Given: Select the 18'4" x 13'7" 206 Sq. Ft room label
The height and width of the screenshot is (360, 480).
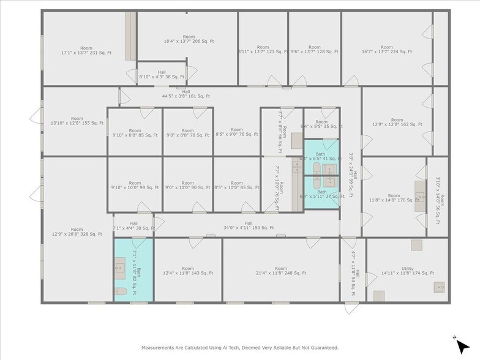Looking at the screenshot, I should coord(188,39).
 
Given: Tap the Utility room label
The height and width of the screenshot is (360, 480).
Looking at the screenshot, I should coord(407,271).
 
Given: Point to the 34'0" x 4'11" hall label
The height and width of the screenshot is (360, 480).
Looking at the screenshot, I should coord(248,225).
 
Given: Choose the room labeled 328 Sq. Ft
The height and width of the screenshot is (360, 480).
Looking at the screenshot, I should coord(76,231).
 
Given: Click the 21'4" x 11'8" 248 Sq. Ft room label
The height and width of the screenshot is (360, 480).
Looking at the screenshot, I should coord(280,271).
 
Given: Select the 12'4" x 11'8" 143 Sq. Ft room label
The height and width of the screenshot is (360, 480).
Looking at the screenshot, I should coord(187,271).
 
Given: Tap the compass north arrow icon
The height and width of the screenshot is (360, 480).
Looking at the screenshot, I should coord(454,338).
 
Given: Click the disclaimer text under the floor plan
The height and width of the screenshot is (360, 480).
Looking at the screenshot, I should coord(239,347).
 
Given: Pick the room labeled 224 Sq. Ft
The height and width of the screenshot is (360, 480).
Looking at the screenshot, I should coord(386,50).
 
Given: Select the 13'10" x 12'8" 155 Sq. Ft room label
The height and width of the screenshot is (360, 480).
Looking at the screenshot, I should coord(77,121).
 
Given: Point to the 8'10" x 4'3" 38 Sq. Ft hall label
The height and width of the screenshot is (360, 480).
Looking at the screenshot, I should coord(162,75).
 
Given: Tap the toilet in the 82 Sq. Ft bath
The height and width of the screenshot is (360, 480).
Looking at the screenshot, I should coord(120,293).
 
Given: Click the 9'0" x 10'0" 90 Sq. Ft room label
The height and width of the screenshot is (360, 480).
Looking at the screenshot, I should coord(187,185).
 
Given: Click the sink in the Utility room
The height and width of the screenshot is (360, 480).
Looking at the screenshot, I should coord(438,287).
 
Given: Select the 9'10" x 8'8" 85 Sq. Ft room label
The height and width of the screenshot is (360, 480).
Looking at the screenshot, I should coord(135,132).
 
